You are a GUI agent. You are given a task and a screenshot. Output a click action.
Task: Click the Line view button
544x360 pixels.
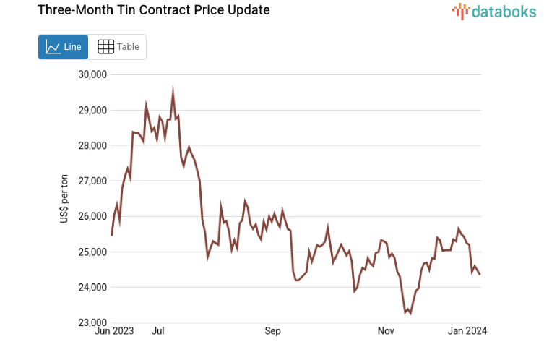pos(63,47)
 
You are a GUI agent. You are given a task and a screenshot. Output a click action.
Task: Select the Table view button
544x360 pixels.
pos(118,47)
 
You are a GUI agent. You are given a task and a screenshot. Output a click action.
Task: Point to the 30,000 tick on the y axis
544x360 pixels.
pos(92,74)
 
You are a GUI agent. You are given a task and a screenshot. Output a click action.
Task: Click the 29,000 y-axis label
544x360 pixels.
pos(92,110)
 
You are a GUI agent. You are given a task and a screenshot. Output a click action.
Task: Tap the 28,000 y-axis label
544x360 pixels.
pos(92,145)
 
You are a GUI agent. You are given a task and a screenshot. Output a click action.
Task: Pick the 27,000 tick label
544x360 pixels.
pos(92,181)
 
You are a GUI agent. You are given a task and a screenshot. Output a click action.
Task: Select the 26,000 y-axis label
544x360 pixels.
pos(92,216)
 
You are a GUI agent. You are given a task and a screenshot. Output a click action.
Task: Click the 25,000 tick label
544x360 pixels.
pos(92,252)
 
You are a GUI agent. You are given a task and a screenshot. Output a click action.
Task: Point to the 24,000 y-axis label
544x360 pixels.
pos(92,287)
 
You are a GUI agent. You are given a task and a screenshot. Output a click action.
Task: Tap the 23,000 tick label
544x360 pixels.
pos(92,322)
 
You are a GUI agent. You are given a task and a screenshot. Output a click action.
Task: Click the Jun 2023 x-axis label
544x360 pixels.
pos(114,332)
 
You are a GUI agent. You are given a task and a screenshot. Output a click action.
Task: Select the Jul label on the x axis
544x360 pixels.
pos(158,332)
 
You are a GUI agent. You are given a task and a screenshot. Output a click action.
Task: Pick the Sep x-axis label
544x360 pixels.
pos(272,332)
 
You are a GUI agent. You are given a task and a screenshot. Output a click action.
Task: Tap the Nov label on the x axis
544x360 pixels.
pos(386,332)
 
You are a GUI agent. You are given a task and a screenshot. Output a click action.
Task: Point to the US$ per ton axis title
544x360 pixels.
pos(64,199)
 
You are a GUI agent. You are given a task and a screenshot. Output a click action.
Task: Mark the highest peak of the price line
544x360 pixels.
pos(173,90)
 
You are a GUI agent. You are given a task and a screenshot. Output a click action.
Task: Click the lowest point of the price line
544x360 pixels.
pos(410,313)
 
